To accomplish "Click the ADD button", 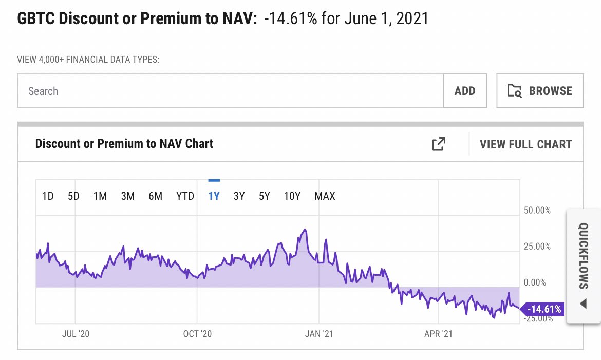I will point(465,91).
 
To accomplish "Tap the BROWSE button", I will point(540,91).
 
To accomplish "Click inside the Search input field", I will point(230,91).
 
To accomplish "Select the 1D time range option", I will point(48,196).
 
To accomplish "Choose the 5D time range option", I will point(73,196).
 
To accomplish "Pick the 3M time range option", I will point(127,196).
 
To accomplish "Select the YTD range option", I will point(185,196).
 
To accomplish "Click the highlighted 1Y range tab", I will point(214,196).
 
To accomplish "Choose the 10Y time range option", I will point(292,196).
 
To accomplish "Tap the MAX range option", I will point(325,196).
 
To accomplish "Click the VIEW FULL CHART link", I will point(525,144).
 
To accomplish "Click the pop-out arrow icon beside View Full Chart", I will point(438,144).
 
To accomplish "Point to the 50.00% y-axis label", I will point(537,210).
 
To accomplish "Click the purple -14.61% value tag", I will point(544,309).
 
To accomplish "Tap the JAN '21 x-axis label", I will point(319,334).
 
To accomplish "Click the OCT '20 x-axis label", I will point(197,334).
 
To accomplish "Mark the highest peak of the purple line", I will point(306,229).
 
